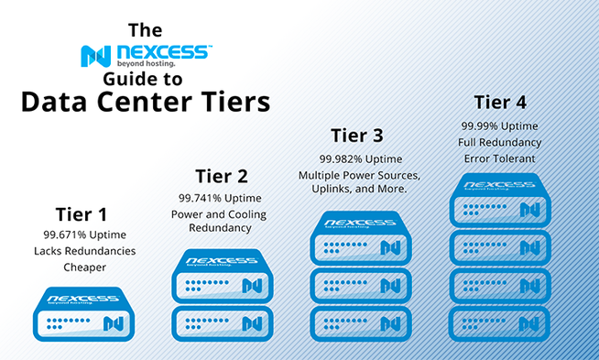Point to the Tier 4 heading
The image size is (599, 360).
[x=500, y=102]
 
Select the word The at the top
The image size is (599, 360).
[x=145, y=28]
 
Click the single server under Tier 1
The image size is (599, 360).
[x=82, y=311]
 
